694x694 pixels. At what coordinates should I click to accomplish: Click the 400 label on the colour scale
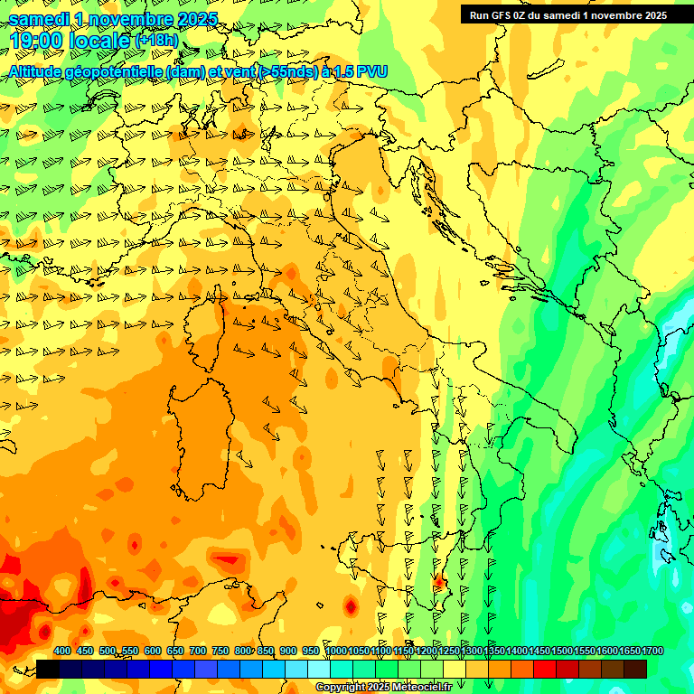click(x=61, y=652)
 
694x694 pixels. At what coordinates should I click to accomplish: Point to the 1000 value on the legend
click(x=336, y=652)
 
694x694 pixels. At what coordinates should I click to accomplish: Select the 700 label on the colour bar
click(x=197, y=652)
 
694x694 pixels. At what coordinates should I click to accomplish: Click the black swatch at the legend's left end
click(x=48, y=669)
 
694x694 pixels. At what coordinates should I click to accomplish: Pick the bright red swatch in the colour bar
click(x=546, y=669)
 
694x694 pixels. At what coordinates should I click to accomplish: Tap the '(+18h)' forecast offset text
click(x=157, y=41)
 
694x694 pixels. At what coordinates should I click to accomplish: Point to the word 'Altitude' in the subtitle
click(x=41, y=71)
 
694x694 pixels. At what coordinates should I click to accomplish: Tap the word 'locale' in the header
click(x=100, y=40)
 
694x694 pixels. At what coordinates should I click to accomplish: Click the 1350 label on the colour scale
click(x=494, y=652)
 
